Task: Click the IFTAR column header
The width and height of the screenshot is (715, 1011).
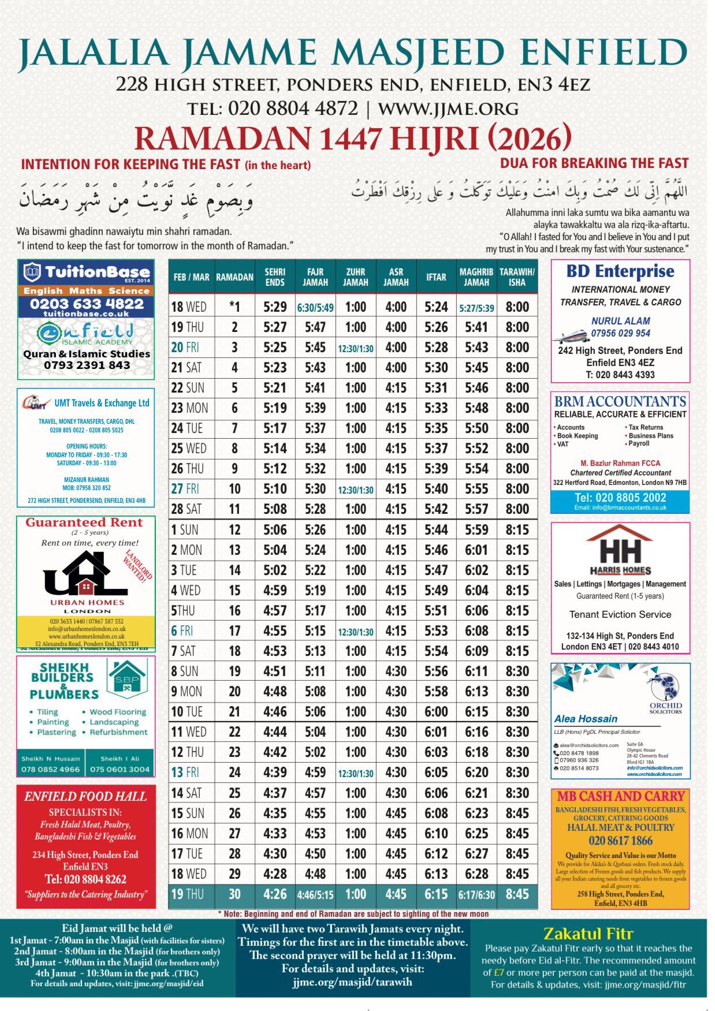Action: click(436, 277)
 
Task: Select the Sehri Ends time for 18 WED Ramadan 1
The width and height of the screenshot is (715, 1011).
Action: click(275, 307)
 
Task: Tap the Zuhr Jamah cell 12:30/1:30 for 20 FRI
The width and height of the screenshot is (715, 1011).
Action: click(356, 348)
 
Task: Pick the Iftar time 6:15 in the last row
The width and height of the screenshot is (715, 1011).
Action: click(436, 894)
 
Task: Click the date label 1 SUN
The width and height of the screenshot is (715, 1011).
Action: click(185, 530)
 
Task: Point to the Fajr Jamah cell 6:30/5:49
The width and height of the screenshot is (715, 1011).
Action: click(315, 308)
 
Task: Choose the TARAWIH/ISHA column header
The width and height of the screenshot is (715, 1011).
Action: click(517, 277)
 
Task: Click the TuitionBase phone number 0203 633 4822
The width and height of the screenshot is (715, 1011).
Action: click(87, 304)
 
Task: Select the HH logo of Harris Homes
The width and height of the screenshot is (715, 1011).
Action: click(620, 549)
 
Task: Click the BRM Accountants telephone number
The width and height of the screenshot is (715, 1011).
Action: click(620, 498)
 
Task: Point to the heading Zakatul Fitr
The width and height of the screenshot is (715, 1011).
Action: click(588, 934)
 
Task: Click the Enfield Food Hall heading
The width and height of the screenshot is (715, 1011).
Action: click(85, 797)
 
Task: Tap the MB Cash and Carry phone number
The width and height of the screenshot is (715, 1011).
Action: click(620, 841)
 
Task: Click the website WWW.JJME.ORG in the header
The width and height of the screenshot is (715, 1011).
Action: click(448, 109)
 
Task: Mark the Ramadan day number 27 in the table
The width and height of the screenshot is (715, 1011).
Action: click(234, 834)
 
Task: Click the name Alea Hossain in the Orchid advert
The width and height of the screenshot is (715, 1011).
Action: click(586, 719)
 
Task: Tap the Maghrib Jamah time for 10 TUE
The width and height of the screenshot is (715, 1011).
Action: click(476, 712)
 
